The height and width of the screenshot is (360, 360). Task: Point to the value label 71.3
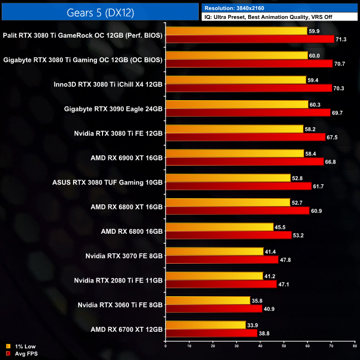pos(342,39)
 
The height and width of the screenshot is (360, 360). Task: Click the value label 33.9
pos(253,325)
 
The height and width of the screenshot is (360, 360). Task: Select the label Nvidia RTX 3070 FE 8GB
pos(124,256)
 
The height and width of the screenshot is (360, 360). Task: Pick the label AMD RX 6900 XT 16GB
pos(127,158)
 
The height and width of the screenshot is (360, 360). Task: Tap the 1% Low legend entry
pos(22,346)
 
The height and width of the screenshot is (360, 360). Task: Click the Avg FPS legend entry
pos(23,353)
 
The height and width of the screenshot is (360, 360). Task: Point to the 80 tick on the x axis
pos(354,347)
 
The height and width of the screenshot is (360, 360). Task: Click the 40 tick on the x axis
pos(260,347)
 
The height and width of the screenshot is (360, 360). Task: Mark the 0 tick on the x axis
pos(166,347)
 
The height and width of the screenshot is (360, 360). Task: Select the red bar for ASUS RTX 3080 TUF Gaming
pos(238,186)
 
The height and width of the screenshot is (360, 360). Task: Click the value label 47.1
pos(285,284)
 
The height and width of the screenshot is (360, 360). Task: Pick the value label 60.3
pos(316,104)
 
